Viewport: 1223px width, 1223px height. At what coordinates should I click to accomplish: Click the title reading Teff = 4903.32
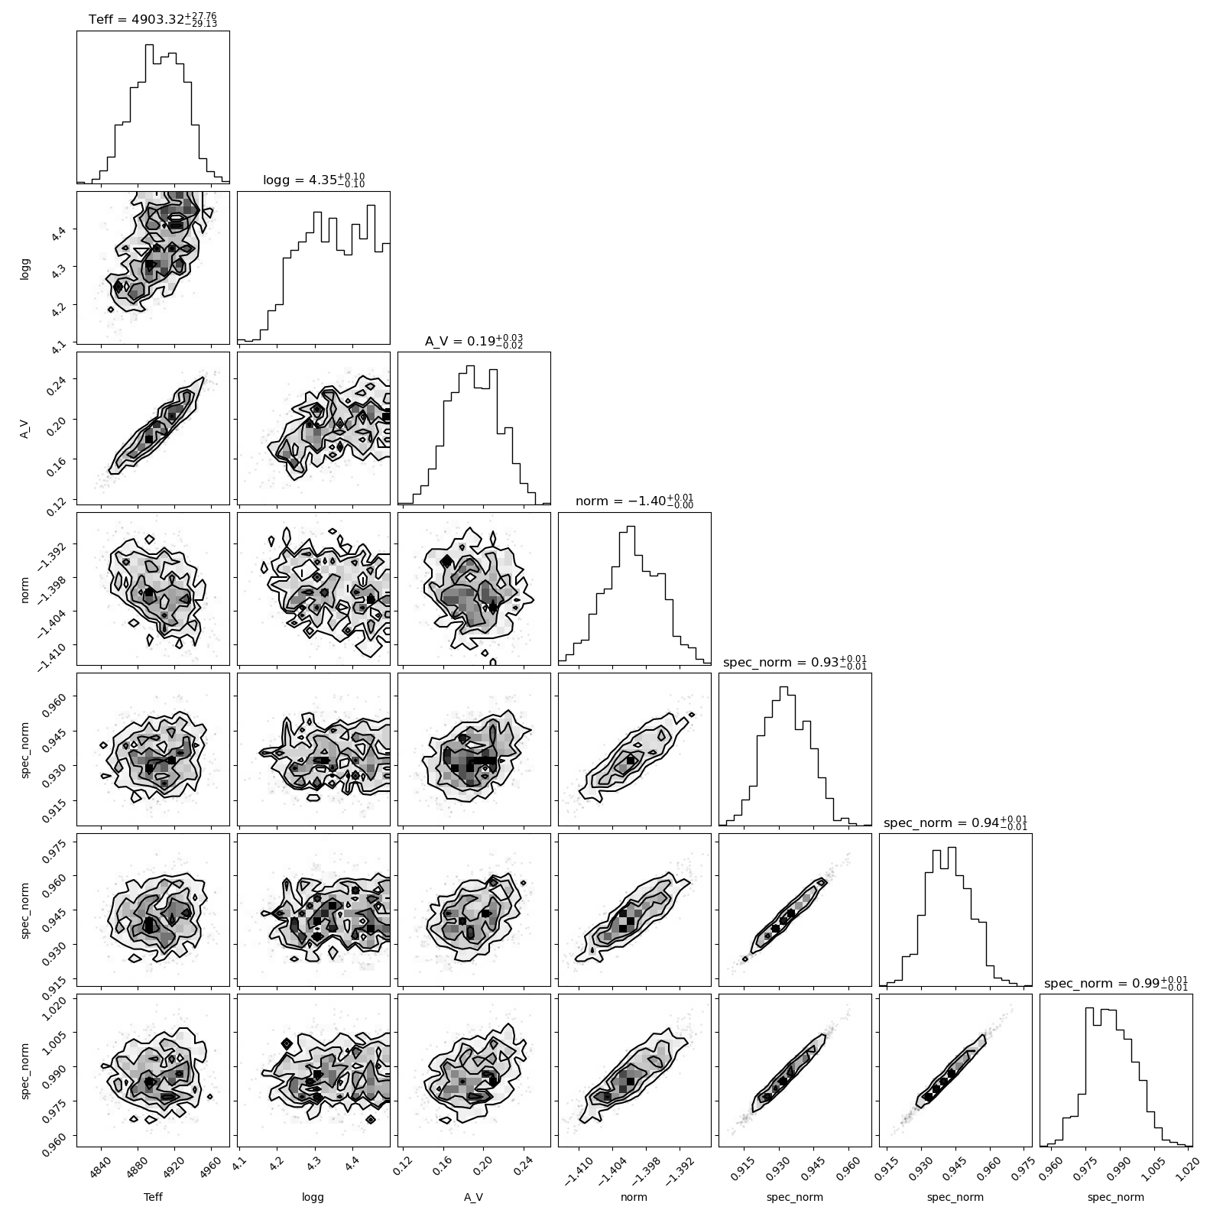tap(153, 18)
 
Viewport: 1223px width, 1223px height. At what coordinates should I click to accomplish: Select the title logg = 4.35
tap(313, 180)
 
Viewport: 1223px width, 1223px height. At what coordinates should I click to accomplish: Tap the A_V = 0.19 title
tap(474, 341)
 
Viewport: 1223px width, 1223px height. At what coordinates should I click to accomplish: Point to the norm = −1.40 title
tap(634, 501)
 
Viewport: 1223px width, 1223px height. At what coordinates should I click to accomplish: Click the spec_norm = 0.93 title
tap(795, 662)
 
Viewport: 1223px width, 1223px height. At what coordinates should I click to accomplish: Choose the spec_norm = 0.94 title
tap(955, 822)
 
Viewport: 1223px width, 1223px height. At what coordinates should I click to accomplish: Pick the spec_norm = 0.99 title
tap(1116, 983)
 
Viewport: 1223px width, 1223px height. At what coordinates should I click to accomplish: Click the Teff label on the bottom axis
tap(153, 1197)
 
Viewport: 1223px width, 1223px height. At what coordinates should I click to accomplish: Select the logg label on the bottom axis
tap(313, 1198)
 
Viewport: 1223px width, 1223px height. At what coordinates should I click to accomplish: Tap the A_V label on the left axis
tap(25, 428)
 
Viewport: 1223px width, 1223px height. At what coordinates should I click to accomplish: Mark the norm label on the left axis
tap(25, 589)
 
